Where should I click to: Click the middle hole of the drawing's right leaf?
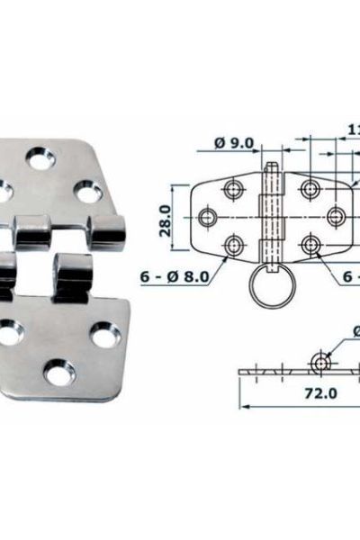point(333,216)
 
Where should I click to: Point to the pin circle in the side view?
point(319,362)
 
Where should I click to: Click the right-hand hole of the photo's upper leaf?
point(87,193)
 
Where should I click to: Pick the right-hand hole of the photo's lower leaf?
point(104,335)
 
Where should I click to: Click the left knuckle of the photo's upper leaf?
point(30,231)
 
